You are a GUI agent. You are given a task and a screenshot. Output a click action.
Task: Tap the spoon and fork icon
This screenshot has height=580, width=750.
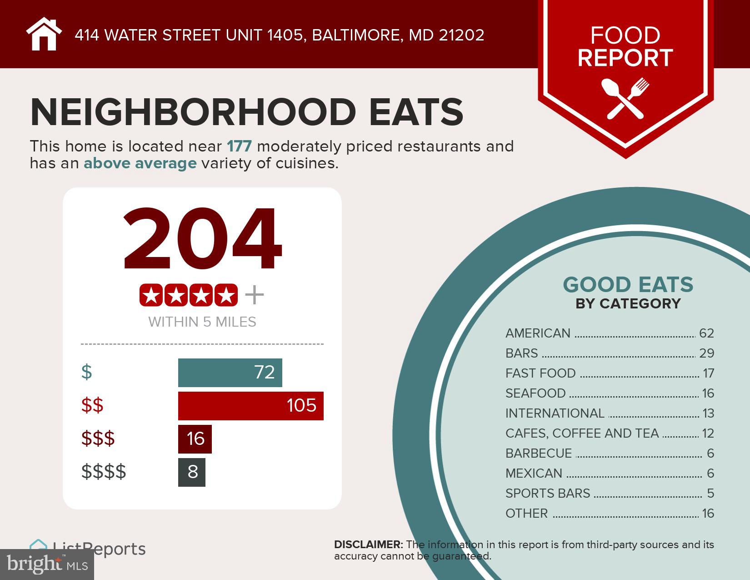[x=625, y=98]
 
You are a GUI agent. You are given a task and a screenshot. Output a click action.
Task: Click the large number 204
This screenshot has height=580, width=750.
[x=202, y=239]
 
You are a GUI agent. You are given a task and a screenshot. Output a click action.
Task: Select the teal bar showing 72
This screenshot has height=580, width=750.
[x=230, y=373]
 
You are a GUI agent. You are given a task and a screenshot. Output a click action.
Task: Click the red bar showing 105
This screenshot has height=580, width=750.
[x=250, y=405]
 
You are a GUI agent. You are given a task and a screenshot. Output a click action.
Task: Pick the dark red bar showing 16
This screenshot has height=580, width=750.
[x=195, y=439]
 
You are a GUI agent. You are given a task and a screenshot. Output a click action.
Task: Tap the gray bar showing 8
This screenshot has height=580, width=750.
[x=192, y=472]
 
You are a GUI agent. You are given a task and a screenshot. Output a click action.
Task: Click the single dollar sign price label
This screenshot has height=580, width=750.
[x=86, y=372]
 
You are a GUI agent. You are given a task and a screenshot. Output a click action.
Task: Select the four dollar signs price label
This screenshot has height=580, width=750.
[x=104, y=472]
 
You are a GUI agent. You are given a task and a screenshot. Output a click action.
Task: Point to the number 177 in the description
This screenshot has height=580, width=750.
[x=239, y=146]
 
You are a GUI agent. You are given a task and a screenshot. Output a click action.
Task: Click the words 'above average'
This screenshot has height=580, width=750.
[x=140, y=163]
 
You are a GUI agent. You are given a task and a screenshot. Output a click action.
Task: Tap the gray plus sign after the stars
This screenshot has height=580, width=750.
[x=254, y=295]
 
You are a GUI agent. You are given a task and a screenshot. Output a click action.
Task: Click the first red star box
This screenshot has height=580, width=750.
[x=151, y=295]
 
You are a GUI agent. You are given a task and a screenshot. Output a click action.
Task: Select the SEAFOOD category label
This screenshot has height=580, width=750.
[x=535, y=393]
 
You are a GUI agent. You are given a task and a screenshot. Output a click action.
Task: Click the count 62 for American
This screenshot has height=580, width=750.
[x=706, y=333]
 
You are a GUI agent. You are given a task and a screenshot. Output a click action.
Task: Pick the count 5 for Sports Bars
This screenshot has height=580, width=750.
[x=710, y=493]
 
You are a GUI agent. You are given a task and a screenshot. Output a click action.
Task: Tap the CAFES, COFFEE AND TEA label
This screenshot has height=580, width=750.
[x=582, y=433]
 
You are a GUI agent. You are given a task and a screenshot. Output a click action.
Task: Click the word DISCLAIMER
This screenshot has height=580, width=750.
[x=368, y=545]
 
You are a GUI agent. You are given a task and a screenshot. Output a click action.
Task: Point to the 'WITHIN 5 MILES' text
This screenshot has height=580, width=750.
[x=202, y=322]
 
